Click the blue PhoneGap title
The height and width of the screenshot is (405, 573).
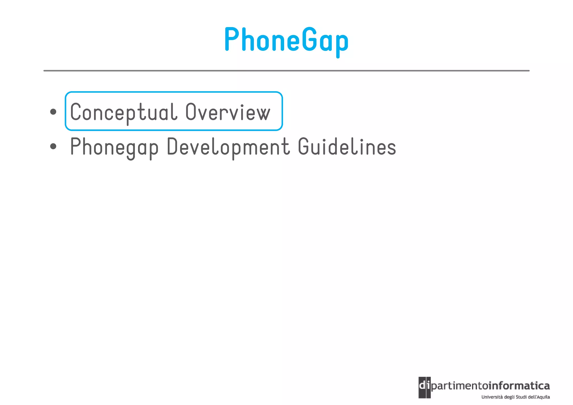286,40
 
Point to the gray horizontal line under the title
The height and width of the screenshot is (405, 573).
286,71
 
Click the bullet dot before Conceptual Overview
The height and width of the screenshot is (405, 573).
53,112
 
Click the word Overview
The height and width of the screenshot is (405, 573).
228,112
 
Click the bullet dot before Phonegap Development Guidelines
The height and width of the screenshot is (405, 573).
53,146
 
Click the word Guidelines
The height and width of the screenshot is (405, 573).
347,146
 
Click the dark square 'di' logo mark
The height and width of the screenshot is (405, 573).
424,387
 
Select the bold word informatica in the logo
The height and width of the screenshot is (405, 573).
519,386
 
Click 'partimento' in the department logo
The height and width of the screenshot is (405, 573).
459,387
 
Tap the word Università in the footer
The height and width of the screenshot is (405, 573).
491,397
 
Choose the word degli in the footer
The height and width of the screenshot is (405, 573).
509,397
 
